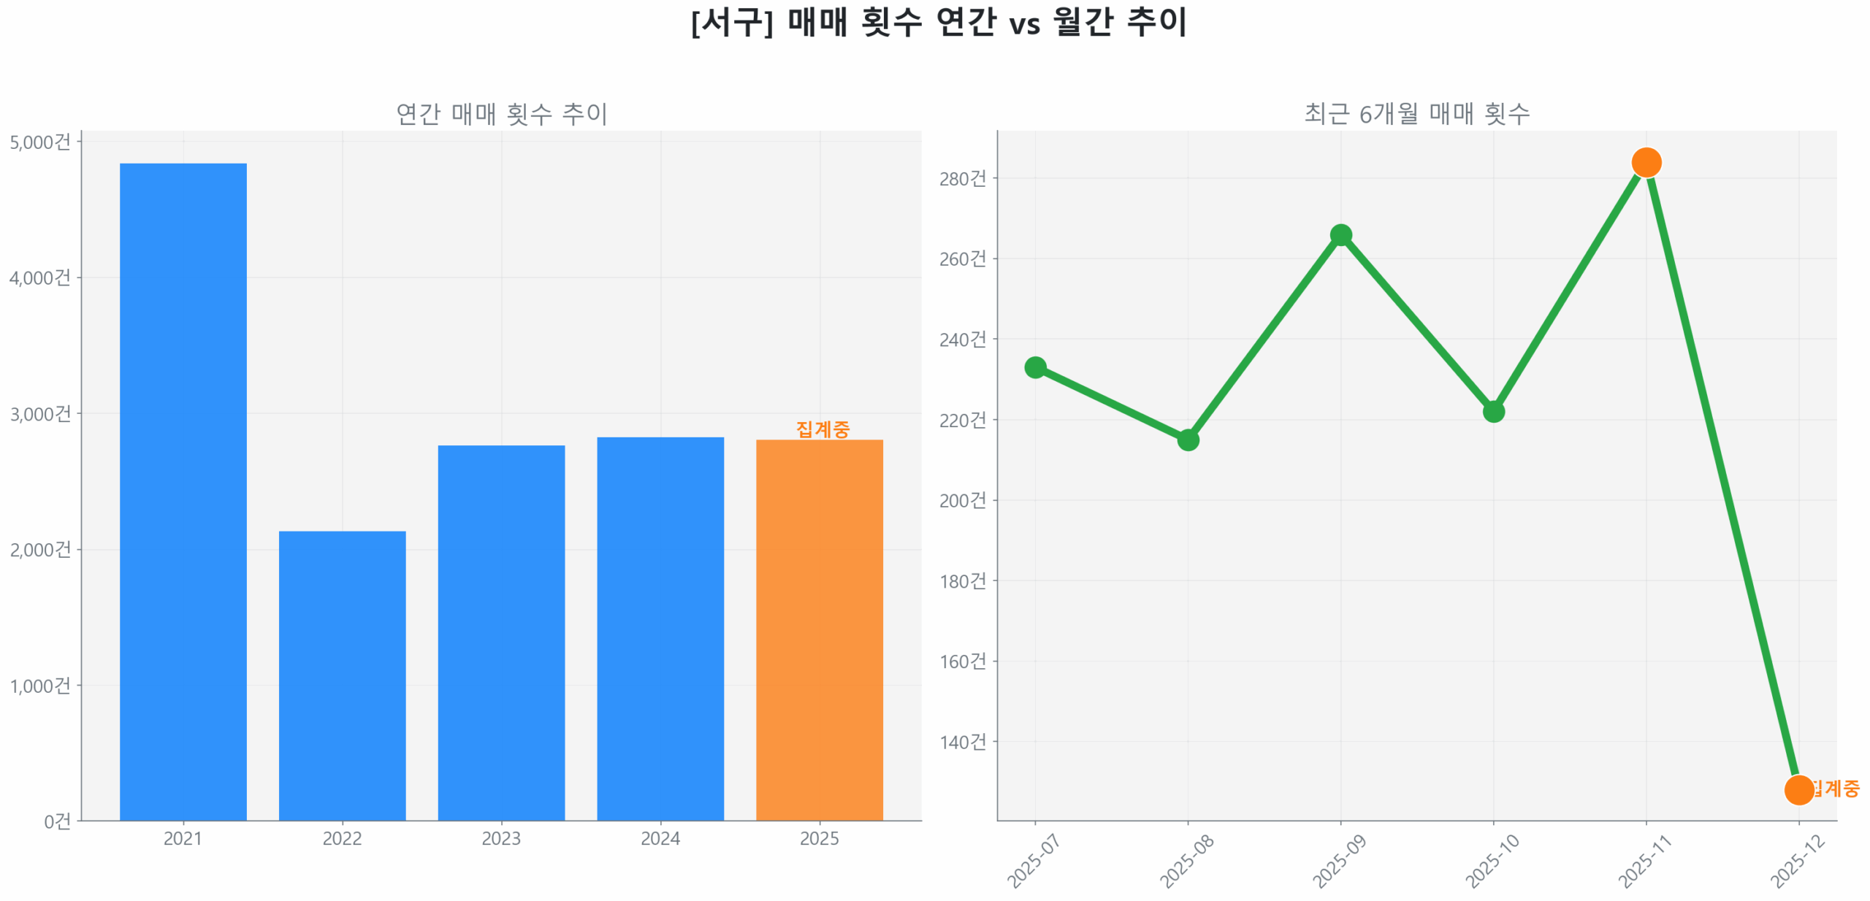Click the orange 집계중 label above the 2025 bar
(823, 429)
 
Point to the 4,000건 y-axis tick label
(40, 277)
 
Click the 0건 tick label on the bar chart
(57, 821)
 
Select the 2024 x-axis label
(660, 838)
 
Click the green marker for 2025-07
(1035, 367)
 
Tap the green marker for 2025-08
(1188, 440)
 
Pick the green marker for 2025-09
(1340, 235)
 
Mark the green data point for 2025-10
(1493, 412)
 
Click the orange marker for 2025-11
(1646, 162)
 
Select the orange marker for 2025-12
(1798, 789)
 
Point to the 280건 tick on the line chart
(962, 178)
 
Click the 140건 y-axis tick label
(962, 742)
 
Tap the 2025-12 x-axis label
(1798, 862)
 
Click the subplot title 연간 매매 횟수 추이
(501, 114)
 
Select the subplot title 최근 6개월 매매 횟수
(1416, 114)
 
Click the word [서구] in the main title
(731, 22)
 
